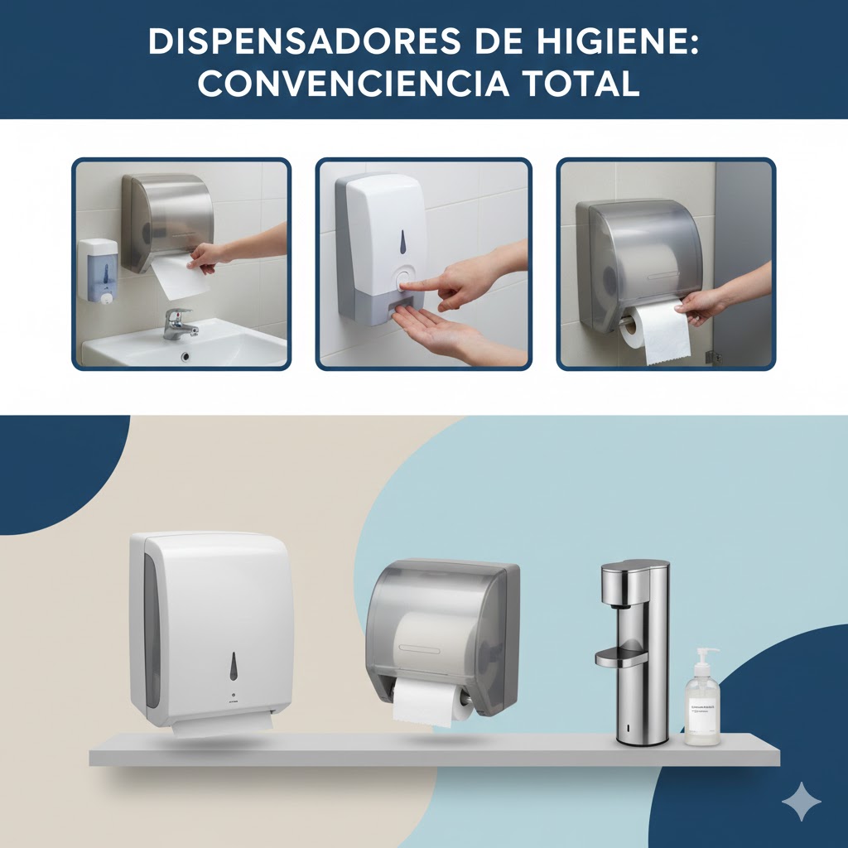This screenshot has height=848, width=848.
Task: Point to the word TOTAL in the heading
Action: point(585,83)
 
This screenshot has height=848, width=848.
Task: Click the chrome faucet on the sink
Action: point(179,323)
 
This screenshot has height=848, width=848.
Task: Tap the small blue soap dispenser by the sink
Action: point(98,270)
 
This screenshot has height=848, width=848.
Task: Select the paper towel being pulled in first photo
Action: point(181,275)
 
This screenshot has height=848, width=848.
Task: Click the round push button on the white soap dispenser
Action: point(404,278)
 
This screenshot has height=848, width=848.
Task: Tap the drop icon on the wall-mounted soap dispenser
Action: point(402,242)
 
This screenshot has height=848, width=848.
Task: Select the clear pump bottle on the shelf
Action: point(702,704)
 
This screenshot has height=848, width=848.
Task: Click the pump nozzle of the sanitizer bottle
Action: point(705,654)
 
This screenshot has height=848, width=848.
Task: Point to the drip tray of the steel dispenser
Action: point(621,658)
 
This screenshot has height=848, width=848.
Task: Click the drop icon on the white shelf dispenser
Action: point(234,666)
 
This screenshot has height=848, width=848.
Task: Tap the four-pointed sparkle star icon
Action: point(801,802)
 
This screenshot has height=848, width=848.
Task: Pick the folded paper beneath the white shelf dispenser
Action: point(222,726)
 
